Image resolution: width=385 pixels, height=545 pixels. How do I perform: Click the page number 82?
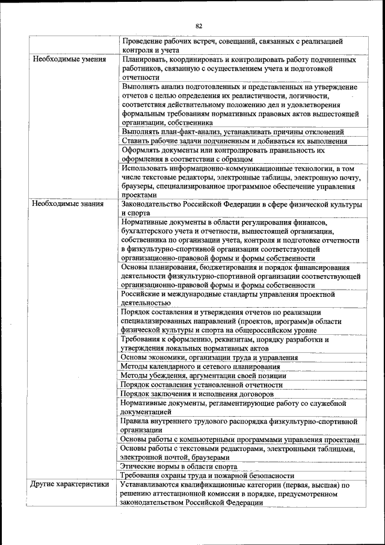(x=199, y=26)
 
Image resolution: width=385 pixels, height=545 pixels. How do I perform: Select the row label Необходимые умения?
(x=69, y=60)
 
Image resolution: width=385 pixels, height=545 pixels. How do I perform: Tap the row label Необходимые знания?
(x=68, y=204)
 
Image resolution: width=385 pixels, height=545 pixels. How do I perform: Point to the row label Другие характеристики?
(x=70, y=484)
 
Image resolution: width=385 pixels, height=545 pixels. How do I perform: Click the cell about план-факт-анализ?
(x=232, y=131)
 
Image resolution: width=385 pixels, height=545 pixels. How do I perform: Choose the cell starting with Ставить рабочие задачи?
(x=234, y=141)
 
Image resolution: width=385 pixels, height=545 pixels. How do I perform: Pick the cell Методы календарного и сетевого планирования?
(x=200, y=366)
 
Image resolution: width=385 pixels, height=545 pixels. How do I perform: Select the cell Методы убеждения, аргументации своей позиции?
(x=203, y=375)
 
